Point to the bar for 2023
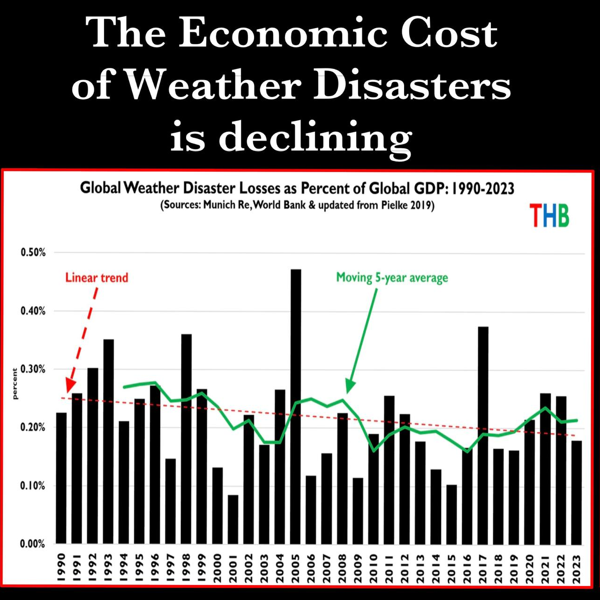click(x=577, y=492)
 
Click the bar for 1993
click(x=108, y=441)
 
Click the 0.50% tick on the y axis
click(x=33, y=253)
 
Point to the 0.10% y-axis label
click(x=33, y=486)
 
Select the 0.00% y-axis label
click(x=33, y=544)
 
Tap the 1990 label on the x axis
click(x=61, y=568)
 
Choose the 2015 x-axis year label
click(x=451, y=568)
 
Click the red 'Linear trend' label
click(x=97, y=278)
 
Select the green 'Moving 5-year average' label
click(x=392, y=278)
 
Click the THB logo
click(x=549, y=216)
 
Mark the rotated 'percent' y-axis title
click(x=15, y=383)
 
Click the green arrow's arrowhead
click(x=350, y=388)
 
